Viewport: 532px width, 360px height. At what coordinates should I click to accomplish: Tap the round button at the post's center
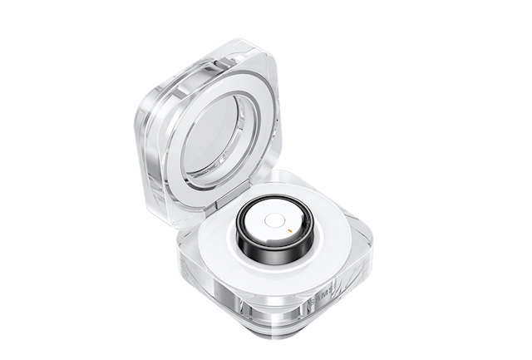(273, 221)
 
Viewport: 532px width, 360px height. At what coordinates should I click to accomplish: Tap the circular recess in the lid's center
(211, 136)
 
